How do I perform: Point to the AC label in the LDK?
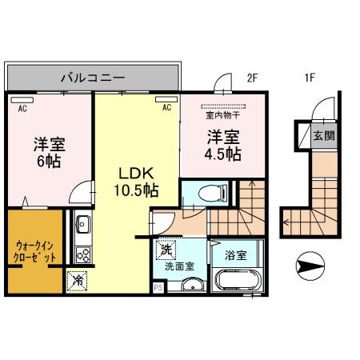[x=167, y=106]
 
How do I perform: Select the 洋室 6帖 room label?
[x=48, y=152]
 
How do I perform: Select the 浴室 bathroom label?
[x=234, y=256]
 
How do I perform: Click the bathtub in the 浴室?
[x=234, y=282]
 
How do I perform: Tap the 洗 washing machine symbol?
[x=166, y=250]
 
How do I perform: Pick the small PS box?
[x=157, y=287]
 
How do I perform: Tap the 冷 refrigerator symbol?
[x=78, y=281]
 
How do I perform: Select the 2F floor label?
[x=253, y=78]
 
